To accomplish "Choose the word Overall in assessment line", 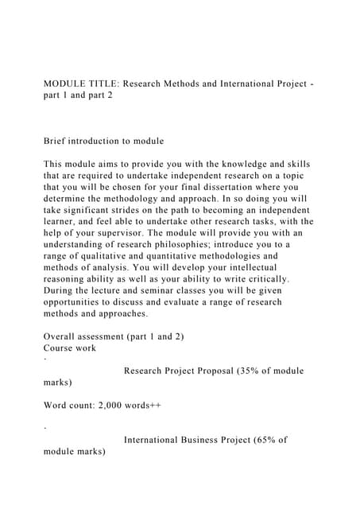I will point(63,336).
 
